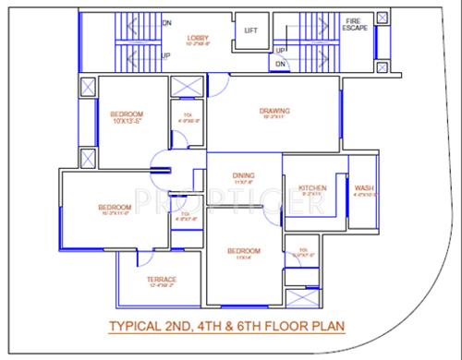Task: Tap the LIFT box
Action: pyautogui.click(x=250, y=30)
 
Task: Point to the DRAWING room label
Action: pyautogui.click(x=274, y=112)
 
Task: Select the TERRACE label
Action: pyautogui.click(x=162, y=280)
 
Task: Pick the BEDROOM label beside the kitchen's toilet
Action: pyautogui.click(x=244, y=251)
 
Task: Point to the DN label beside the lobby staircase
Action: pyautogui.click(x=166, y=21)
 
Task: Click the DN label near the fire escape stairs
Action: pyautogui.click(x=281, y=63)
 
